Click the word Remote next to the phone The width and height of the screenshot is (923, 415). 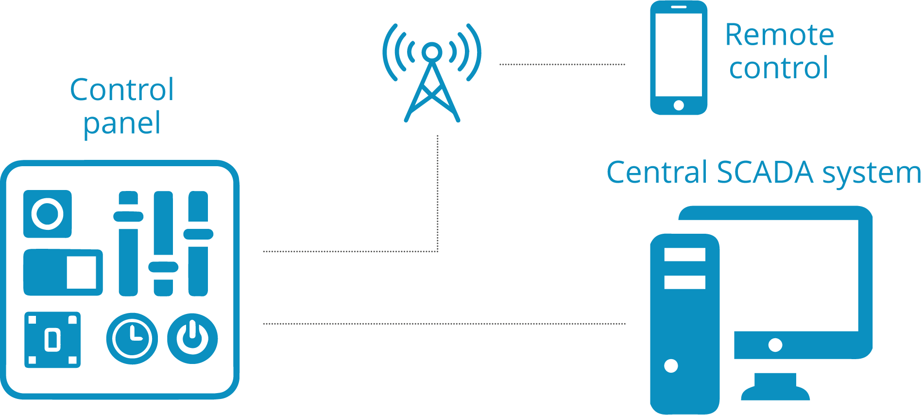(x=779, y=35)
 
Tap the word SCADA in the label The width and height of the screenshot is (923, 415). (x=765, y=173)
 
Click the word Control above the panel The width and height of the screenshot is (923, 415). (x=122, y=90)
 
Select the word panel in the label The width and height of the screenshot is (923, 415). (x=122, y=124)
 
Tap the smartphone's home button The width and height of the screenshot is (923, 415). (x=679, y=105)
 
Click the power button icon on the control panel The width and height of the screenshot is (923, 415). (x=192, y=338)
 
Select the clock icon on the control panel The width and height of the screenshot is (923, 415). (x=132, y=338)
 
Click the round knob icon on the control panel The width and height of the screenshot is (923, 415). (x=48, y=214)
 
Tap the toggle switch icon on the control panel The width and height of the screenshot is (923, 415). (x=63, y=273)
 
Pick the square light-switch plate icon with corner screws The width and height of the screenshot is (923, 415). (x=52, y=340)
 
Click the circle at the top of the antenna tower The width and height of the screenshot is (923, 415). (x=432, y=51)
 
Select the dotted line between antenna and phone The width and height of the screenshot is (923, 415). (x=562, y=64)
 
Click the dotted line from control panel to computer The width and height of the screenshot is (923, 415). (x=444, y=323)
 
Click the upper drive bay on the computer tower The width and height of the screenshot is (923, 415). (x=684, y=255)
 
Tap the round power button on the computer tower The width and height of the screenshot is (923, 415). (x=671, y=365)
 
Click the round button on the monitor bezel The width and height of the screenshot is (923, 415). (x=775, y=345)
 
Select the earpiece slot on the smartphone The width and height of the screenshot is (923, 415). (x=679, y=7)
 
